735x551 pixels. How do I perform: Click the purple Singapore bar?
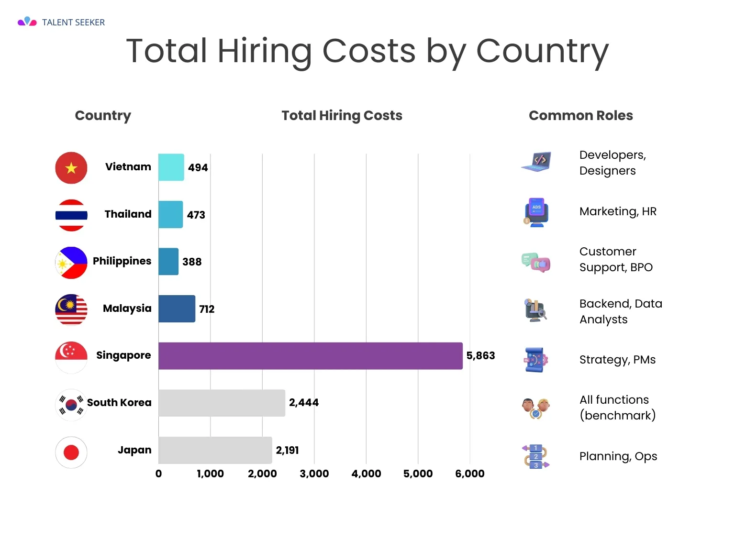[x=310, y=356]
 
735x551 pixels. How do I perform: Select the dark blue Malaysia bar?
[x=177, y=309]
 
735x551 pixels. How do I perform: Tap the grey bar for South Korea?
[x=222, y=403]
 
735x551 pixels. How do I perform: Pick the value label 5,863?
[x=480, y=356]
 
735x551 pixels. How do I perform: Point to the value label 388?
[x=192, y=262]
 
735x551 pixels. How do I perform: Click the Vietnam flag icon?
[x=71, y=168]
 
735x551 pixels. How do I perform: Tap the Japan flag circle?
[x=71, y=452]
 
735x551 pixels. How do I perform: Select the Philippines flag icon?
[x=71, y=263]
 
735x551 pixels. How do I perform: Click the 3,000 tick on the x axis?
[x=314, y=474]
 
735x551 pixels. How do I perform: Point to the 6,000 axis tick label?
[x=469, y=474]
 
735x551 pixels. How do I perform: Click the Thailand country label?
[x=128, y=214]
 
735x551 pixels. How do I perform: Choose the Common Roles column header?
[x=580, y=115]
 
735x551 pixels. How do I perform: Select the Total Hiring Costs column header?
[x=342, y=115]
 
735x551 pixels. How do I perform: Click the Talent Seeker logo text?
[x=73, y=22]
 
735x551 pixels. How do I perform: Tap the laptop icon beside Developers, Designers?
[x=536, y=162]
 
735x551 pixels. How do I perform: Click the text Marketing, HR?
[x=618, y=211]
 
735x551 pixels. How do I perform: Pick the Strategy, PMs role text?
[x=617, y=360]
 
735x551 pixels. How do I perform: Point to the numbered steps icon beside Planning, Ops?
[x=536, y=456]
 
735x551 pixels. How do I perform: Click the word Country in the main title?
[x=542, y=52]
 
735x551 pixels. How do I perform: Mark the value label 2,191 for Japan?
[x=287, y=450]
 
